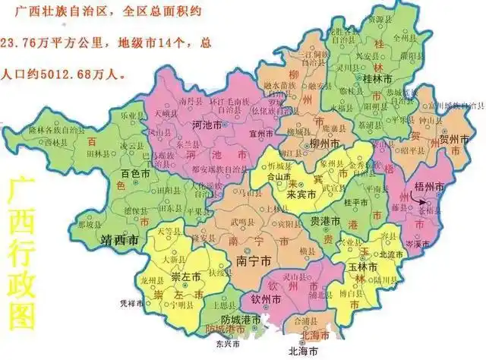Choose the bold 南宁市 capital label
tap(254, 261)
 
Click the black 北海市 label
tap(303, 352)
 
